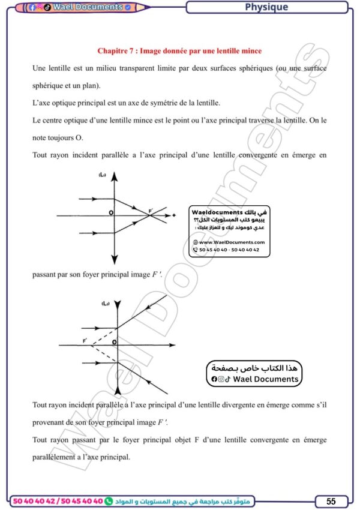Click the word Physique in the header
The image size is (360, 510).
click(266, 7)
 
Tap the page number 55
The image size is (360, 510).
click(331, 501)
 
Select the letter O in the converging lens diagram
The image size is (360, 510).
click(110, 212)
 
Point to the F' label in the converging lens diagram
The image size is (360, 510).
click(151, 210)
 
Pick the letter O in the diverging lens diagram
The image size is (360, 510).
click(114, 342)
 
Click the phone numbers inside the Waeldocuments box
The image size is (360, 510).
click(229, 250)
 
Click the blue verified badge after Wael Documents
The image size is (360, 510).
click(128, 8)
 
